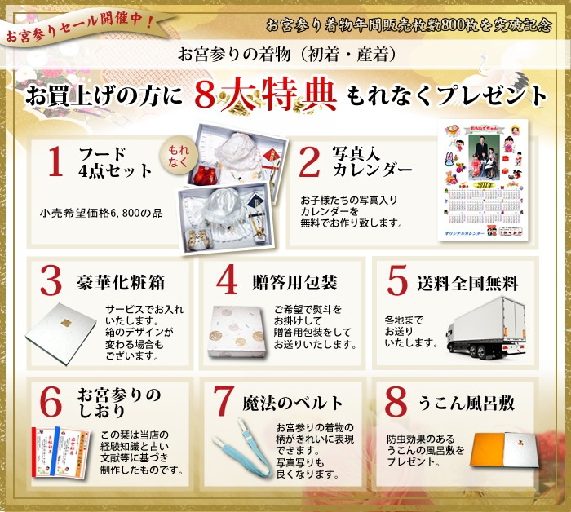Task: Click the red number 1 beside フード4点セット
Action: point(55,161)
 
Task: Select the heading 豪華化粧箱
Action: point(122,283)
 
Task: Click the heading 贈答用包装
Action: point(294,283)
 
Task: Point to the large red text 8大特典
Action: point(266,96)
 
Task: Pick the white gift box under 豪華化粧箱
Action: point(65,334)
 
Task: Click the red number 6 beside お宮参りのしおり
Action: point(51,402)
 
